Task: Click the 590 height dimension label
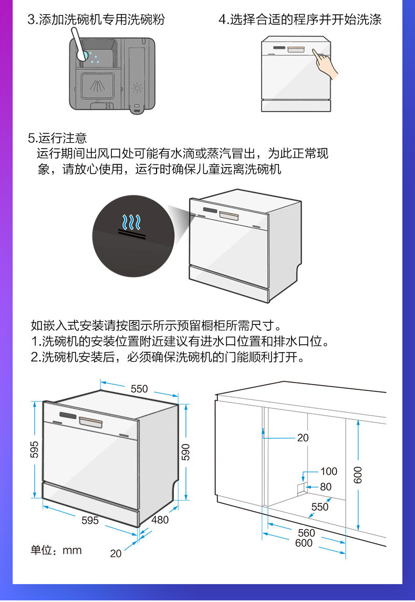(x=185, y=452)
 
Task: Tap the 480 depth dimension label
(x=160, y=520)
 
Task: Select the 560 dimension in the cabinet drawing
(x=306, y=533)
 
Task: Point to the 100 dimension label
(x=329, y=471)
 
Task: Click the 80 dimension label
(x=326, y=487)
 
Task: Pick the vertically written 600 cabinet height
(x=358, y=476)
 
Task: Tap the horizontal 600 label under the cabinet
(x=304, y=543)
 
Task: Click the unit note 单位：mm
(x=56, y=551)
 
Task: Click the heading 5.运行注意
(x=57, y=139)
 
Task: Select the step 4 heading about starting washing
(x=299, y=20)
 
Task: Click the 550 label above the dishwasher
(x=139, y=389)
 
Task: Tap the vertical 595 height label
(x=34, y=450)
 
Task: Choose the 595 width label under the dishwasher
(x=90, y=521)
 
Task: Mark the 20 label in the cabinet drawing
(x=303, y=438)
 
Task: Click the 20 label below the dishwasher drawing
(x=116, y=553)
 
